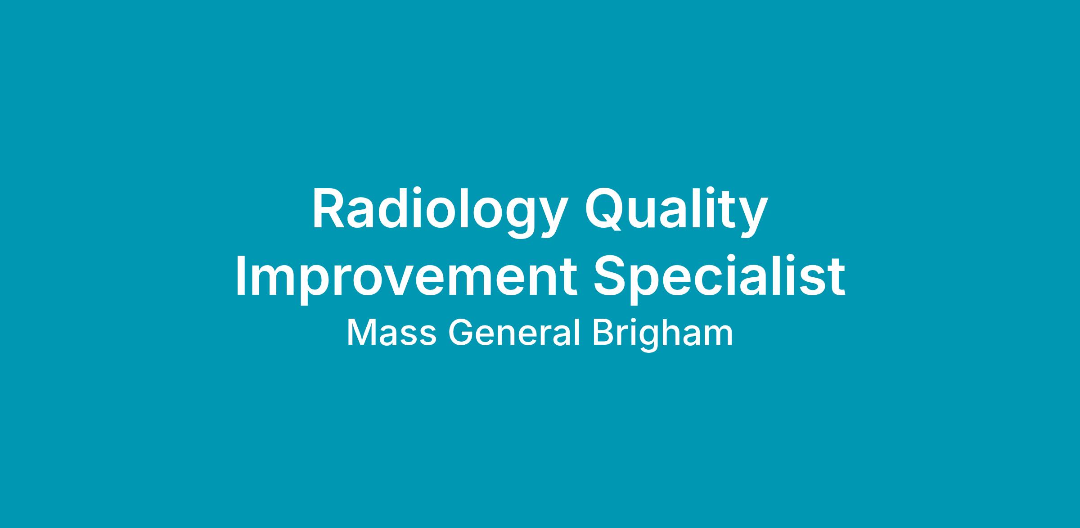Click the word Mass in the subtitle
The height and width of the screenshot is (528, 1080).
tap(391, 333)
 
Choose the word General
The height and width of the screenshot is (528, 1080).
tap(513, 333)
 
